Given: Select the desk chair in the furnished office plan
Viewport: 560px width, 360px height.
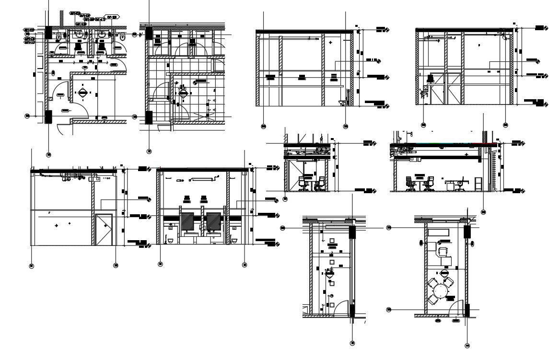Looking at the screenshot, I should pos(442,251).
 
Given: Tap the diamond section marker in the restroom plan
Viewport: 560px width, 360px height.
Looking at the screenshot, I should pos(83,93).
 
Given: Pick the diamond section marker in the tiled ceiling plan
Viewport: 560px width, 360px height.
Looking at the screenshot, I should pos(183,93).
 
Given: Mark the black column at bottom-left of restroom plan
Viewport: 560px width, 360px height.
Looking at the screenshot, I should pos(48,116).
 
